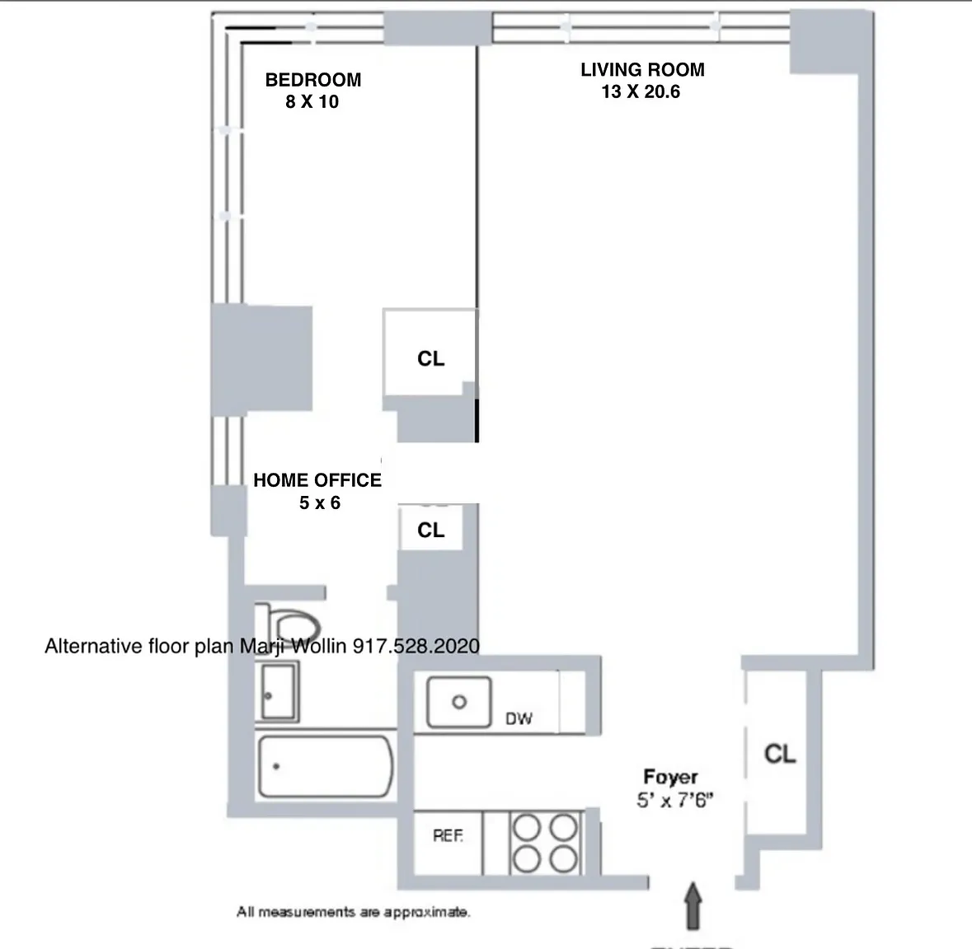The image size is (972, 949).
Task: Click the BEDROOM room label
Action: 312,80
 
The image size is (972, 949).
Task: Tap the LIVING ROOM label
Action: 641,70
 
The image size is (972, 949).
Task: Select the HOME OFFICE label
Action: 317,480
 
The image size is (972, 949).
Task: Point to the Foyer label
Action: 670,777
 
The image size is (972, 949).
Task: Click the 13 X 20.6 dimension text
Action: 641,92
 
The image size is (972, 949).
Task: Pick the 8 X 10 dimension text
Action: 312,102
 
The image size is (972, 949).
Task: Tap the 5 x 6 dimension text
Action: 319,503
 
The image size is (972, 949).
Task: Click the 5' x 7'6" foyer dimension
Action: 674,800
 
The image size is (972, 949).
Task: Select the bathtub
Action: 325,766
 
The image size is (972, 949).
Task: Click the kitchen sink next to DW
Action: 458,702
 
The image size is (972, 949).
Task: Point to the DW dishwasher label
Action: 519,719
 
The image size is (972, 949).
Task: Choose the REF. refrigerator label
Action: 448,836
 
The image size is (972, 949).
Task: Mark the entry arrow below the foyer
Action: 693,906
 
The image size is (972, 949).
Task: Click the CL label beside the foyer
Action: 779,753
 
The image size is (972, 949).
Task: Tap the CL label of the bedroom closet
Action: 430,358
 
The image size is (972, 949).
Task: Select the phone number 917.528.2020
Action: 416,647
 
